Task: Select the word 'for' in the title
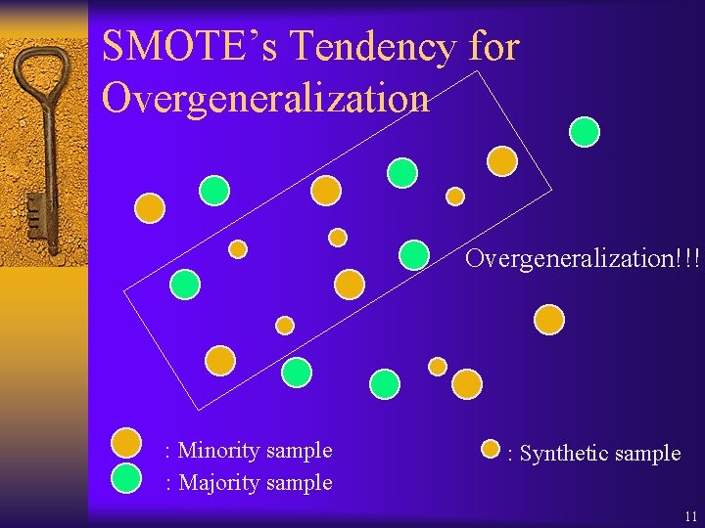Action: (x=494, y=47)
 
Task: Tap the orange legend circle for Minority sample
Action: (x=126, y=444)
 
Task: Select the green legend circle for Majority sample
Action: (x=126, y=476)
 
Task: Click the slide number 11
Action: (x=691, y=515)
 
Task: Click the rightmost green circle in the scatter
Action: (x=585, y=131)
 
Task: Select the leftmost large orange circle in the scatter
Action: (x=150, y=207)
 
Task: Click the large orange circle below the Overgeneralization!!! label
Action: (x=549, y=319)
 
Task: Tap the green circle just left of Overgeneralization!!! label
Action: (x=414, y=254)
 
